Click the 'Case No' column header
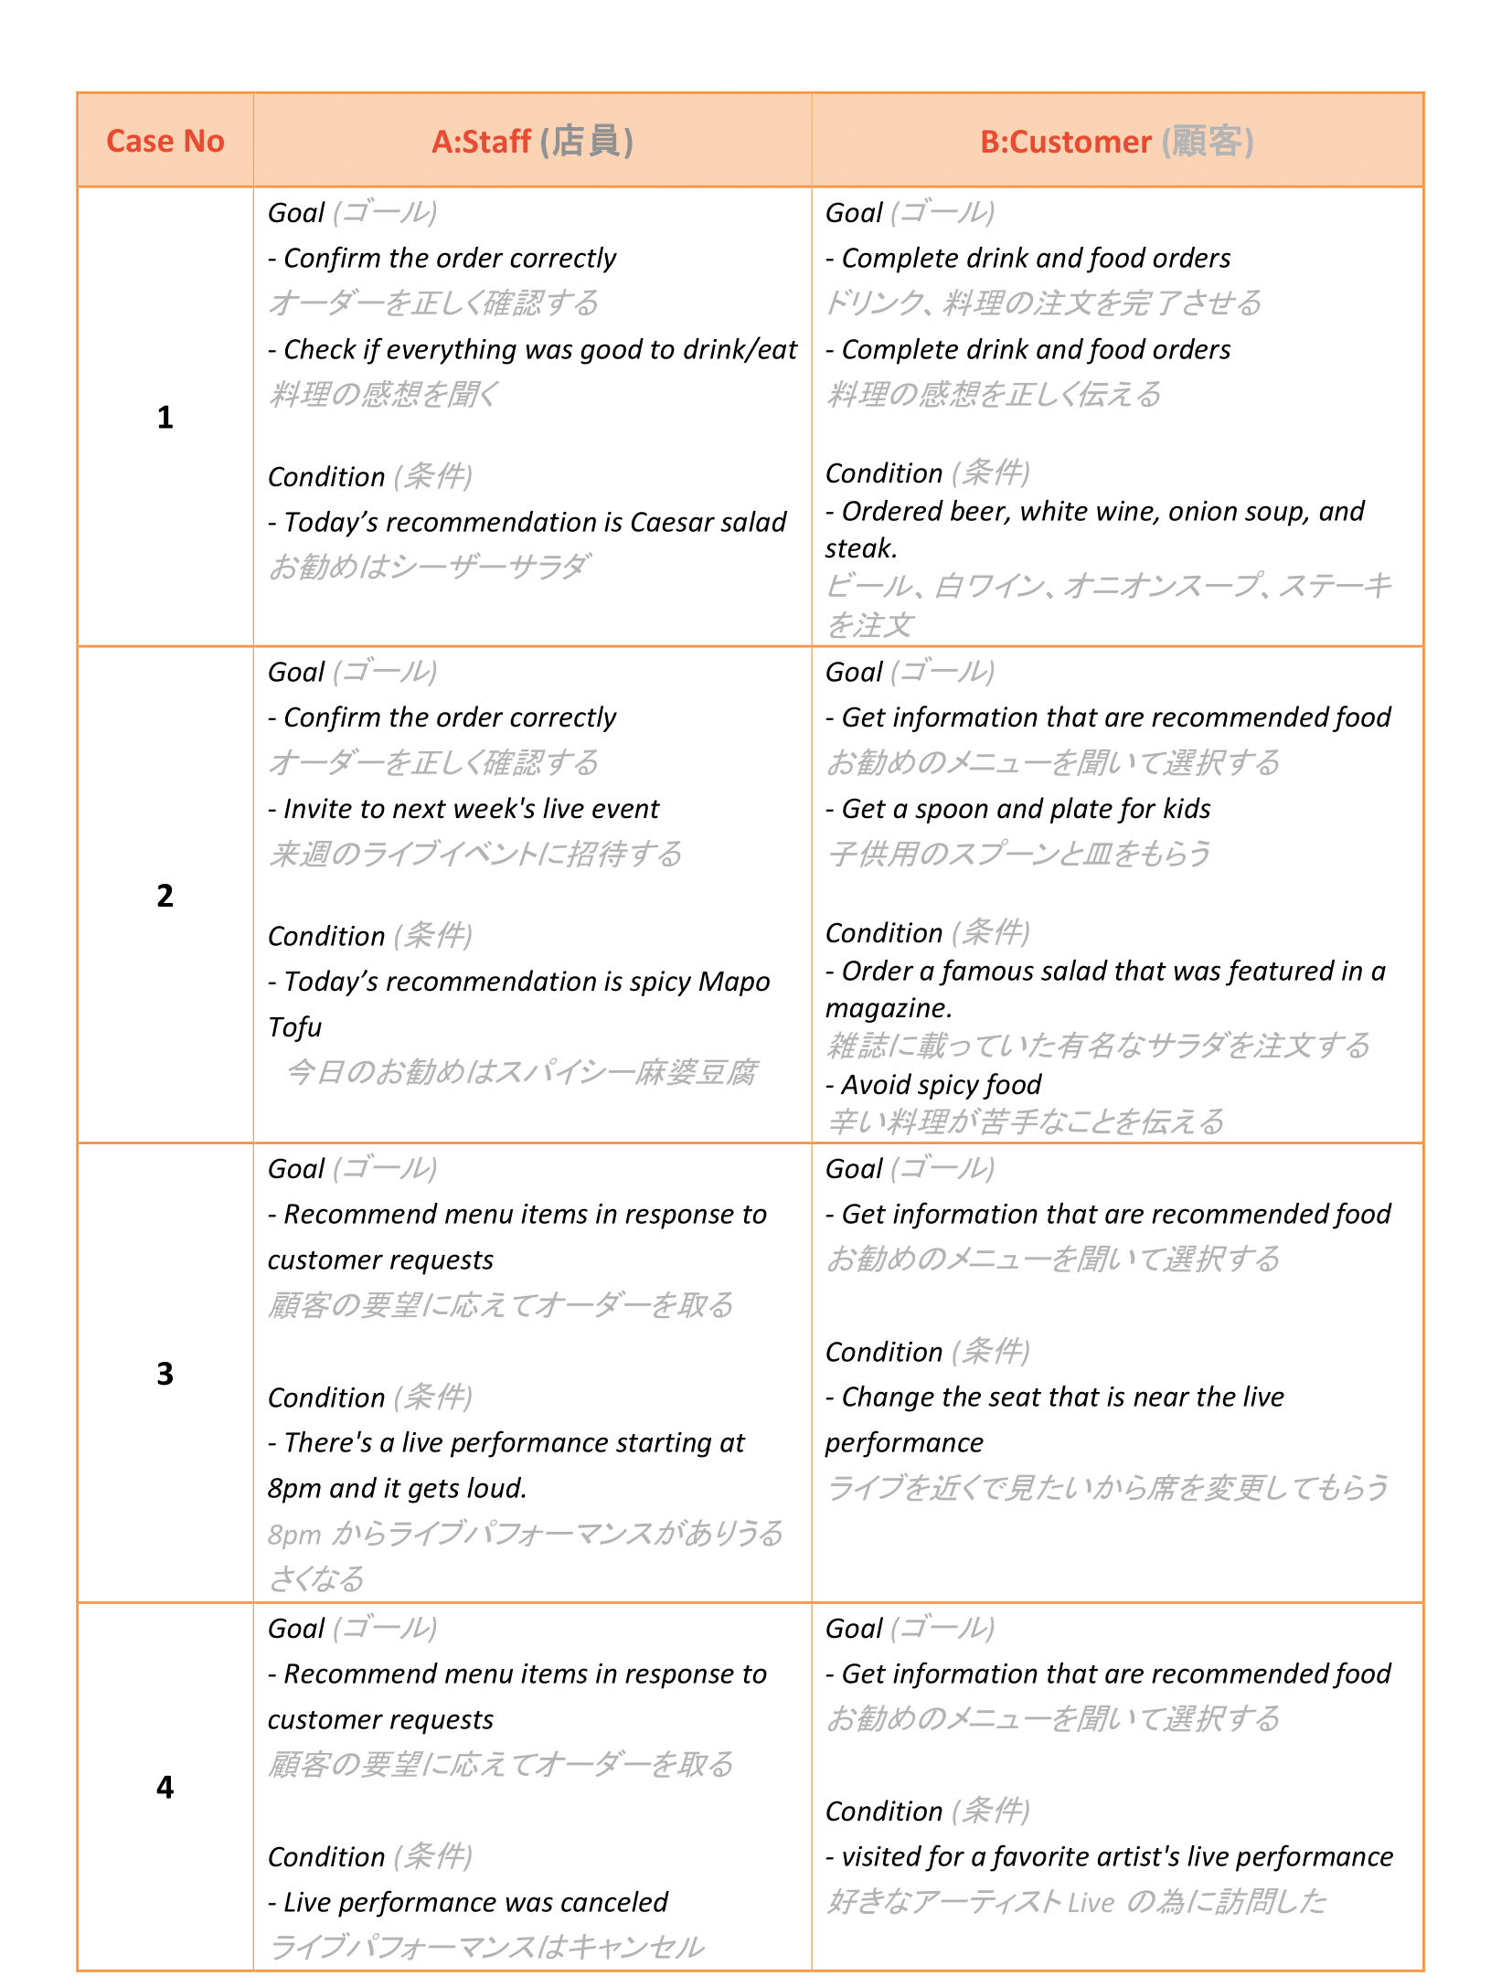[x=165, y=142]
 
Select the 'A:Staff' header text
[x=481, y=142]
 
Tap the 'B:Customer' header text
[x=1065, y=142]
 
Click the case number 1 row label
[x=165, y=418]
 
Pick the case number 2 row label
[x=165, y=896]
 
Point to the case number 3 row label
[x=165, y=1374]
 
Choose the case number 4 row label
[x=165, y=1787]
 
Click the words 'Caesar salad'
[x=708, y=522]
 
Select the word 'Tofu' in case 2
[x=294, y=1027]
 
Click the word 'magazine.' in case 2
[x=889, y=1008]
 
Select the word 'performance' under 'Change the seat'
[x=904, y=1443]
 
